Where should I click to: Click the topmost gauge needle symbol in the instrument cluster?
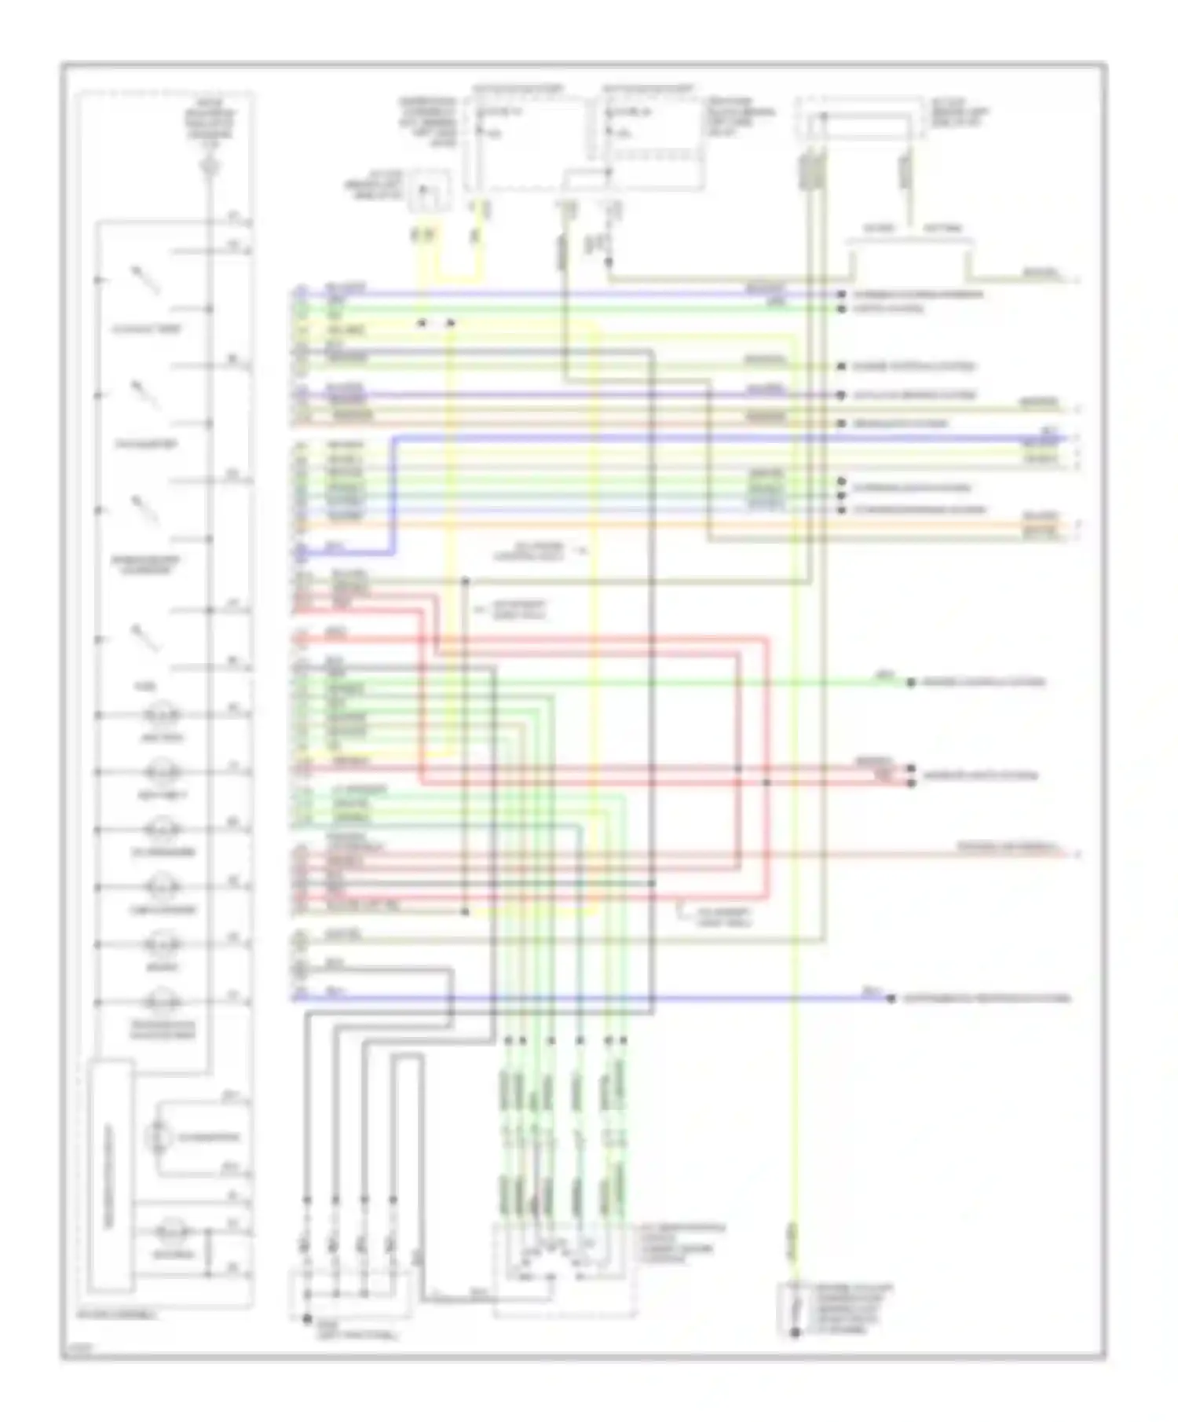pos(145,280)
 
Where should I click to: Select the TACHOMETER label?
pos(146,445)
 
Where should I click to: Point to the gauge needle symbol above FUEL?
pos(145,638)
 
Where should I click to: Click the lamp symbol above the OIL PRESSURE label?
pos(163,830)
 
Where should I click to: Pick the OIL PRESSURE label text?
pos(163,852)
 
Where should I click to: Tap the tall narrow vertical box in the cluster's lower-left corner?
pos(110,1175)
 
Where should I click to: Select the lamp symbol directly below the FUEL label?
pos(163,715)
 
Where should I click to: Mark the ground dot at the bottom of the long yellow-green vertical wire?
pos(795,1332)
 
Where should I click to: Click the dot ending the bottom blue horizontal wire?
pos(891,999)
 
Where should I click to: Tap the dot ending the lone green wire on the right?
pos(911,683)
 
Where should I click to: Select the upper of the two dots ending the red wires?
pos(911,768)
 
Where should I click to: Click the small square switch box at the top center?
pos(429,191)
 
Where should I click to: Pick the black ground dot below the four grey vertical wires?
pos(307,1319)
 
